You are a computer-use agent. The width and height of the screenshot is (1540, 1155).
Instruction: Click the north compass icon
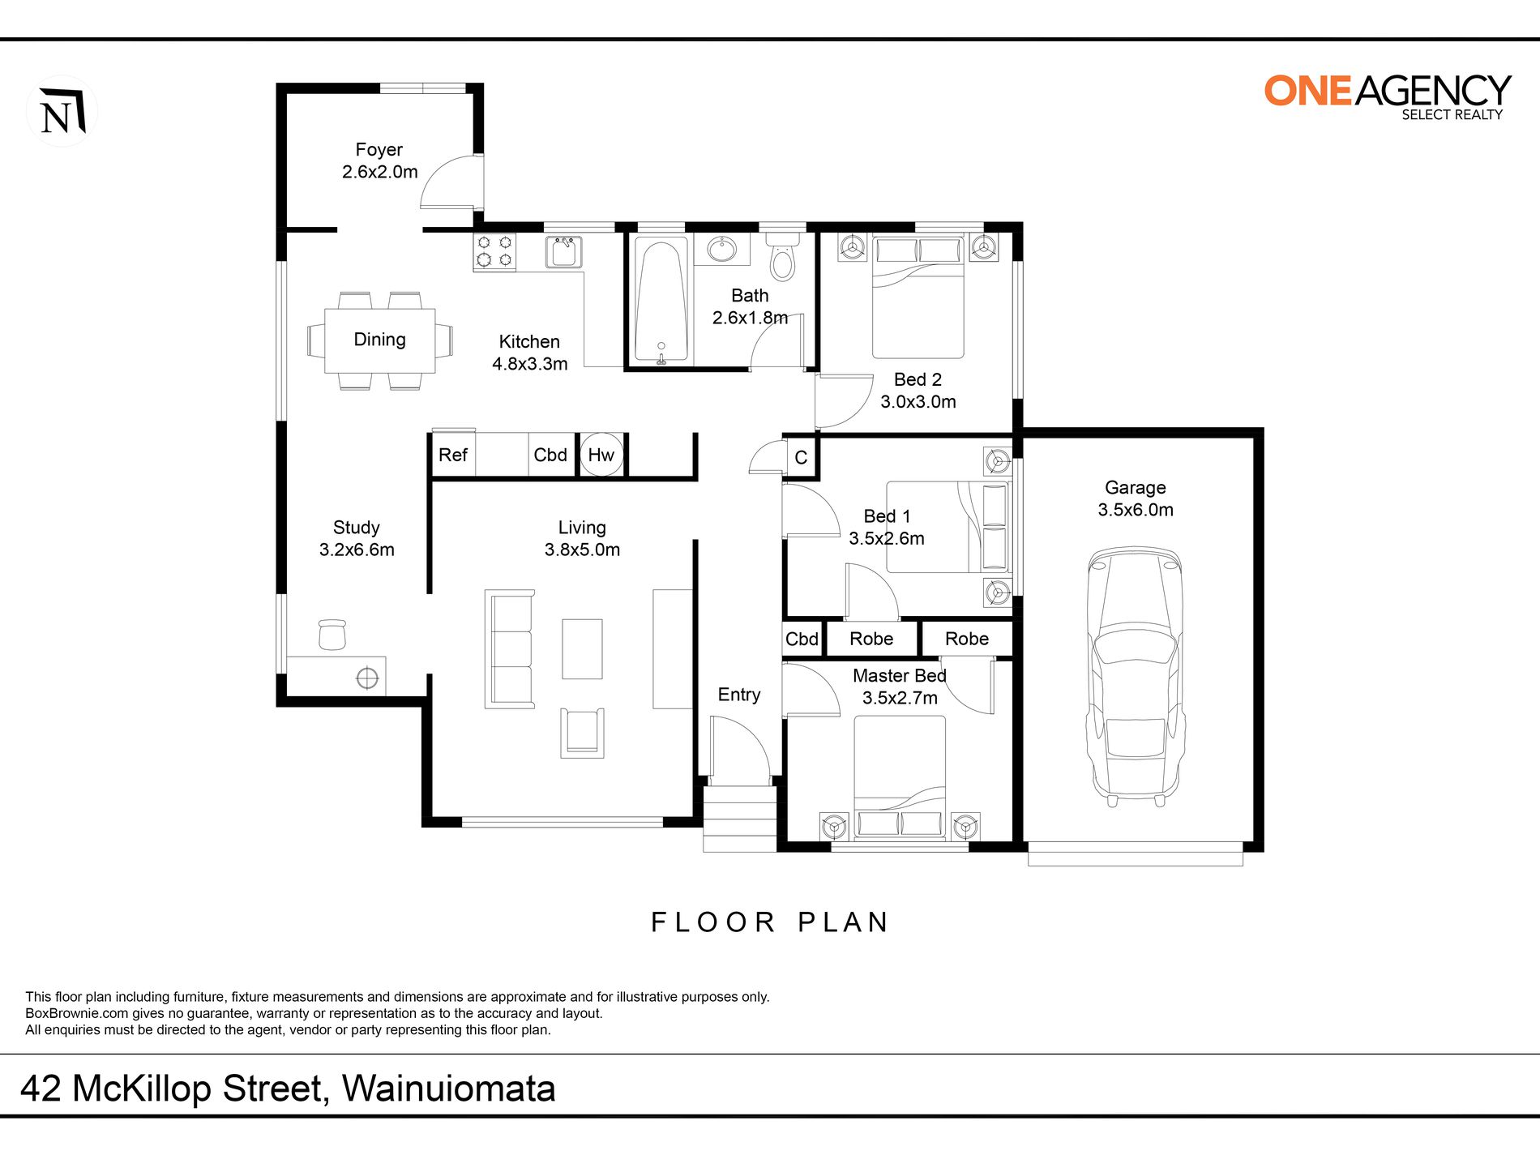coord(62,111)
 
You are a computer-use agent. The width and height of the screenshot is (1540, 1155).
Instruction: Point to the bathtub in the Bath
coord(661,300)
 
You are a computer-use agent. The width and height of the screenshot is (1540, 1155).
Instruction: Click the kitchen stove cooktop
coord(494,251)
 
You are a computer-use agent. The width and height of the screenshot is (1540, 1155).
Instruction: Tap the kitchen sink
coord(564,251)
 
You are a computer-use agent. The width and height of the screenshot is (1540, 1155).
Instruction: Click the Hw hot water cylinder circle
coord(601,455)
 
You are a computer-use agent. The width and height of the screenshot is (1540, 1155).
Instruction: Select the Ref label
coord(452,455)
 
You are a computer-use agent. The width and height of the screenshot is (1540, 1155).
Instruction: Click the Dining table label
coord(379,339)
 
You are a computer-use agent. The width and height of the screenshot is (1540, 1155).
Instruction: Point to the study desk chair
coord(332,634)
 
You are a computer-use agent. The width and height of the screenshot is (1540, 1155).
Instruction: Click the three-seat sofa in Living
coord(510,648)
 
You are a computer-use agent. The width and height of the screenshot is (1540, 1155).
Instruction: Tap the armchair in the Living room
coord(582,733)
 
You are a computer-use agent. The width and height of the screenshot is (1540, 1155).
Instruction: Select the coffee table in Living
coord(582,648)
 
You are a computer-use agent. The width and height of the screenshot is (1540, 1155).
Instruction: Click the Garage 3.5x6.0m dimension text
coord(1136,510)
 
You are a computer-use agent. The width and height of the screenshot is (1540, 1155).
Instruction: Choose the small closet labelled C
coord(801,457)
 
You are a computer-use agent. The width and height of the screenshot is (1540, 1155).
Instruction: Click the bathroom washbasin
coord(721,249)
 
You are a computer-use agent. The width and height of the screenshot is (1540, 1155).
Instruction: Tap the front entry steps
coord(739,819)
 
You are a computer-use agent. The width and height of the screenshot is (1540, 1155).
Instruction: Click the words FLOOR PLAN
coord(770,922)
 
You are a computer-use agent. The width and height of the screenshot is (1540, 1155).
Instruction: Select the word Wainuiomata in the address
coord(448,1089)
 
